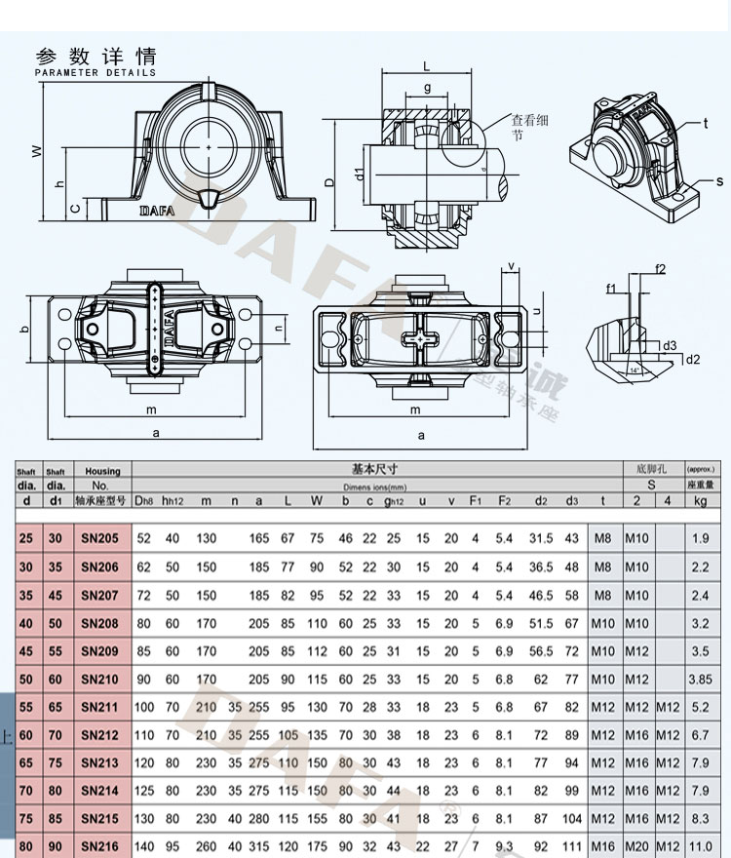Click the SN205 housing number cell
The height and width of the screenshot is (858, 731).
pyautogui.click(x=101, y=538)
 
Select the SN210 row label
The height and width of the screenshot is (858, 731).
pyautogui.click(x=101, y=679)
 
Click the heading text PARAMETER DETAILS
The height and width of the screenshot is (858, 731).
pyautogui.click(x=96, y=73)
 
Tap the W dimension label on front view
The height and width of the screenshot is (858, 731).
pyautogui.click(x=36, y=151)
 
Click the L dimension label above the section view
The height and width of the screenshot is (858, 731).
pyautogui.click(x=427, y=66)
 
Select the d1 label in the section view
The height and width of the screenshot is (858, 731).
pyautogui.click(x=360, y=175)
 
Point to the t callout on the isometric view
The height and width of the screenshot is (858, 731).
pyautogui.click(x=704, y=124)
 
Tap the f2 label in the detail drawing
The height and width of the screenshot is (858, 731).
pyautogui.click(x=660, y=268)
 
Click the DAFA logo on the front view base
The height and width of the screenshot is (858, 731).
pyautogui.click(x=157, y=209)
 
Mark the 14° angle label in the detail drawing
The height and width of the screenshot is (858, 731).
pyautogui.click(x=635, y=371)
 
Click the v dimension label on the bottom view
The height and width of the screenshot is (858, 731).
pyautogui.click(x=511, y=266)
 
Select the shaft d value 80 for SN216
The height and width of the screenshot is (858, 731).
pyautogui.click(x=26, y=847)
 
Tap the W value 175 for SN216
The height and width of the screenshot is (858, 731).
pyautogui.click(x=318, y=847)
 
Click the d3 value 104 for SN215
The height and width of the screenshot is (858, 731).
pyautogui.click(x=572, y=819)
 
